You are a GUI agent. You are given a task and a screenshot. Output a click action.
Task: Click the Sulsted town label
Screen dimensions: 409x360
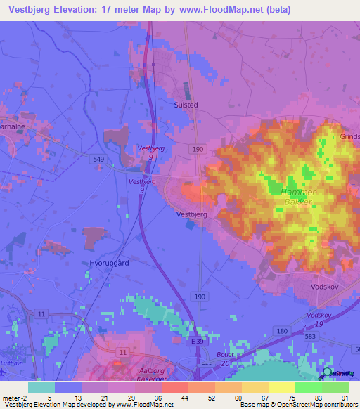point(186,105)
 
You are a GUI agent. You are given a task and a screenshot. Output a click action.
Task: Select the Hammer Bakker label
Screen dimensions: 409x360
point(299,197)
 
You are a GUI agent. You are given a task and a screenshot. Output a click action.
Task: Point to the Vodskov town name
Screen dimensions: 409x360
point(325,287)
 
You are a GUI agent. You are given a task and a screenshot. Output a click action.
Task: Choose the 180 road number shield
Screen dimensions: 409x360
point(282,330)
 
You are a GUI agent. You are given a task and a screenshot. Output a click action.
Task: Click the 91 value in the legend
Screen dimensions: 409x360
point(344,398)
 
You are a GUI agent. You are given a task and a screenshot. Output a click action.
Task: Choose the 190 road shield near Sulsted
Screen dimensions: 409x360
point(198,149)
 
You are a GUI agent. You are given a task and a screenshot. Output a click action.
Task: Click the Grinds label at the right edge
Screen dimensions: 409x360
point(349,137)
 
